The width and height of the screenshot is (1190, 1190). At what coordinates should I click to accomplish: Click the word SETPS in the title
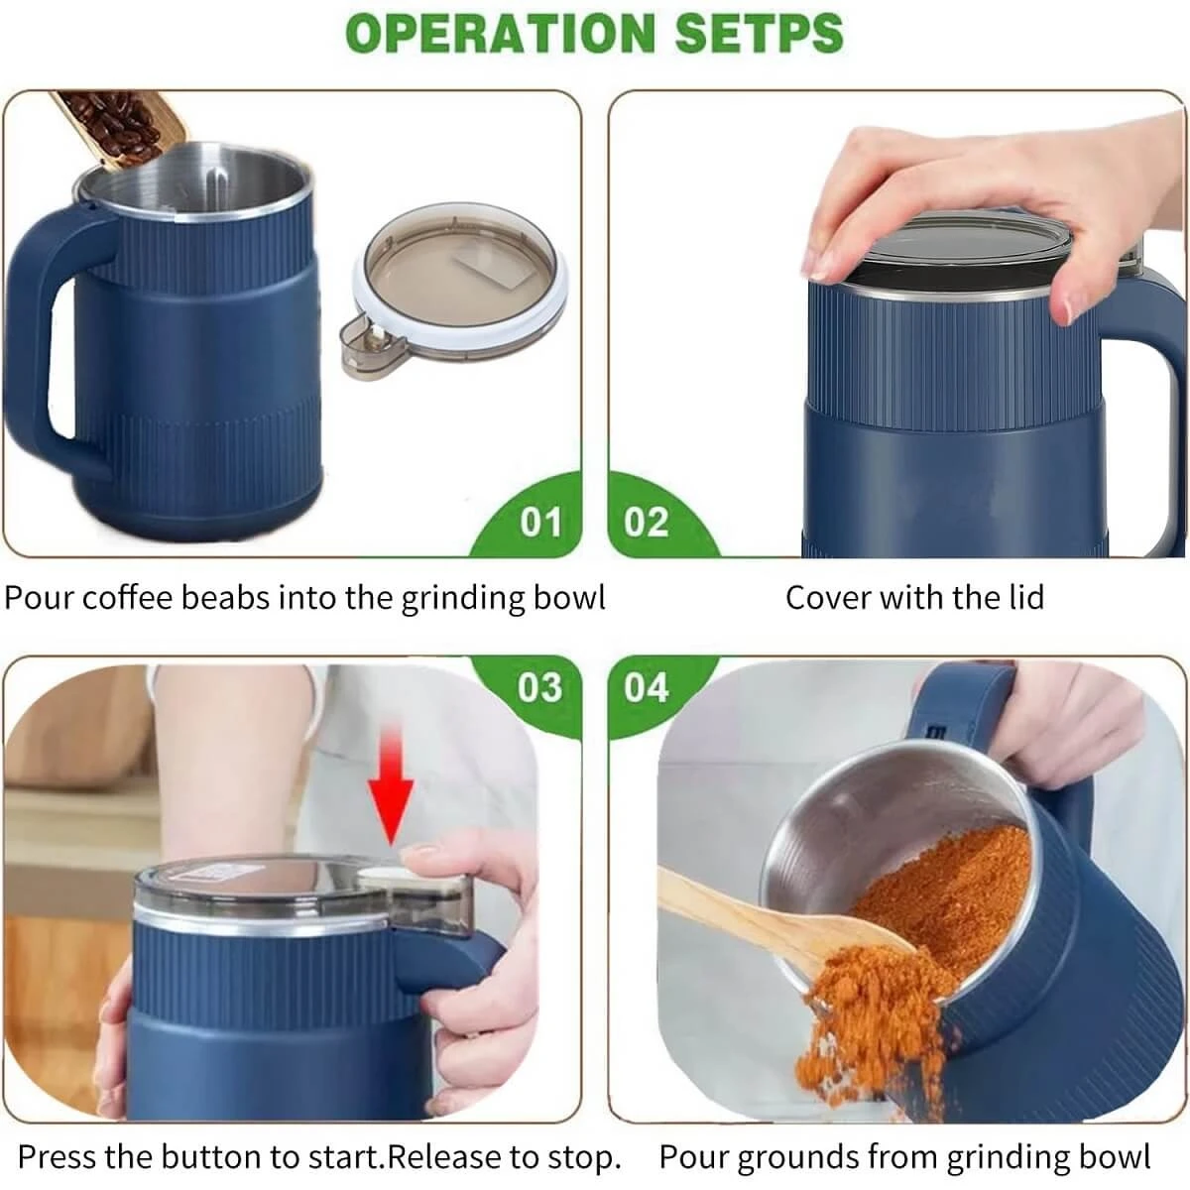tap(759, 33)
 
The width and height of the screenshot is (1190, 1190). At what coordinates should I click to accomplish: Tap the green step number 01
tap(540, 522)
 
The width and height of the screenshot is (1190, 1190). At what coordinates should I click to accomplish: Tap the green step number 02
tap(647, 522)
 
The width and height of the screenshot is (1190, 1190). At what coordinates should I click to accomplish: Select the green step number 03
tap(538, 687)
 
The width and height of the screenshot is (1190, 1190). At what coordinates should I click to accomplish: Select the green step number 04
tap(647, 687)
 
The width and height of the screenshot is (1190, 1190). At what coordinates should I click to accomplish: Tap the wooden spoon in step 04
tap(754, 922)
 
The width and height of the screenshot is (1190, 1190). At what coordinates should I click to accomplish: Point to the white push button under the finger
tap(385, 877)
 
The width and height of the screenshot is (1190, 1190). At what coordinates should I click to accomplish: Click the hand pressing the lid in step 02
tap(972, 198)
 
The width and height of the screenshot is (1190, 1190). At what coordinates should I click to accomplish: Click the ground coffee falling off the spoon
tap(863, 1021)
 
